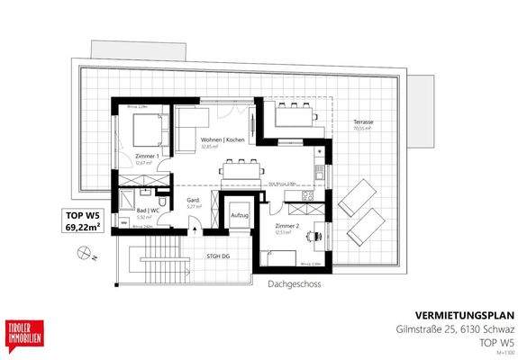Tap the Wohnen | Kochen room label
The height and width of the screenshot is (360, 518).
click(223, 140)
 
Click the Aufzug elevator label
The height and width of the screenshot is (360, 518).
click(240, 216)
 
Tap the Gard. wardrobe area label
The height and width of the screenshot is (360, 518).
click(192, 201)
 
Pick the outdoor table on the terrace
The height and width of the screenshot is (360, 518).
click(293, 115)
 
